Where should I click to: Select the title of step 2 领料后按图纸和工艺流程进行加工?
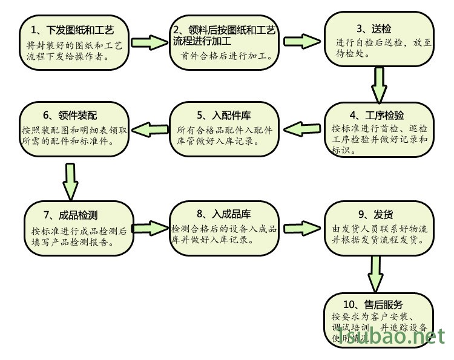(x=224, y=34)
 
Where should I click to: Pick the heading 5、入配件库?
(x=224, y=115)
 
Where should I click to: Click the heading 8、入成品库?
(x=224, y=214)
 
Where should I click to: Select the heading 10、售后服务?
(x=379, y=304)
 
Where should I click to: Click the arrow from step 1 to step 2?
(x=148, y=43)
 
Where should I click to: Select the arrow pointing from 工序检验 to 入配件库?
(x=301, y=128)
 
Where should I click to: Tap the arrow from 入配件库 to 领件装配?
(x=148, y=128)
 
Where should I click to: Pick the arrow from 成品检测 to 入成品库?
(x=150, y=227)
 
